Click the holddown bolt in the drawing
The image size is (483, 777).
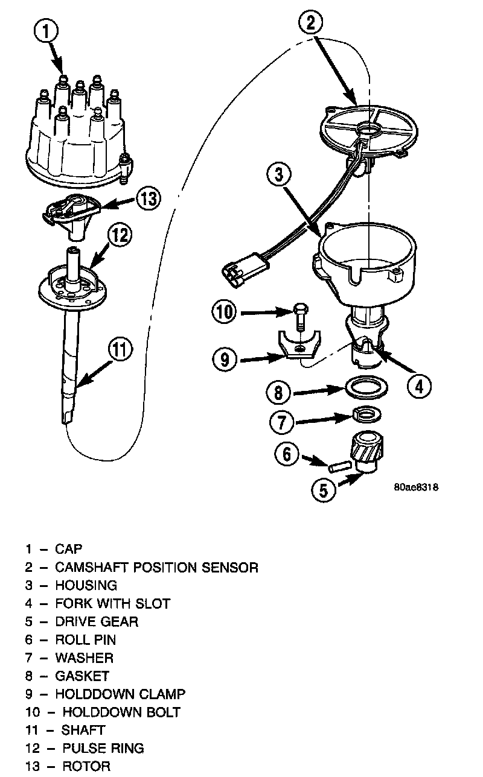coord(300,317)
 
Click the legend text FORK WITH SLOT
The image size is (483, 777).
coord(112,603)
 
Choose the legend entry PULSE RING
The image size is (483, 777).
coord(103,748)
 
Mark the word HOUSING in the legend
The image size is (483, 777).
coord(86,585)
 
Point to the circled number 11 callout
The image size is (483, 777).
coord(121,348)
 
